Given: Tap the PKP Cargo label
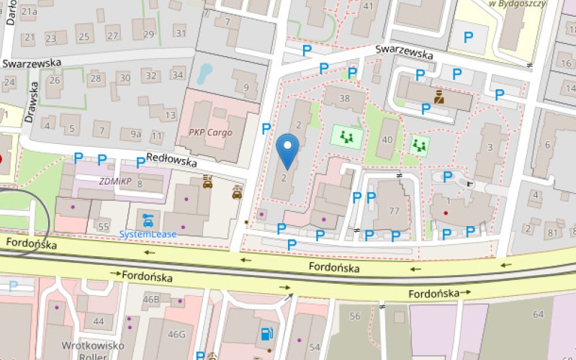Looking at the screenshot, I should click(x=210, y=132).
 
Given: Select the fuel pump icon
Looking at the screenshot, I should click(x=266, y=333).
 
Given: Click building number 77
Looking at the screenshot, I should click(x=394, y=211).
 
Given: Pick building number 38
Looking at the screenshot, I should click(x=344, y=99).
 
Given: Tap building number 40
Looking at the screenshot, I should click(x=389, y=140).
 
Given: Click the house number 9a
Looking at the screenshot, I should click(x=135, y=134).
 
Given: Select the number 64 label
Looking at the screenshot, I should click(x=538, y=314).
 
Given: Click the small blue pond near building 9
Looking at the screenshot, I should click(x=206, y=72).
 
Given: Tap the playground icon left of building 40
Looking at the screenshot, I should click(x=347, y=136).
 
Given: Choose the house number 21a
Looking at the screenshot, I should click(x=29, y=12).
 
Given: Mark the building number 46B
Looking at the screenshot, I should click(x=151, y=299).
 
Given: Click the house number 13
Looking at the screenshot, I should click(x=170, y=115).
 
